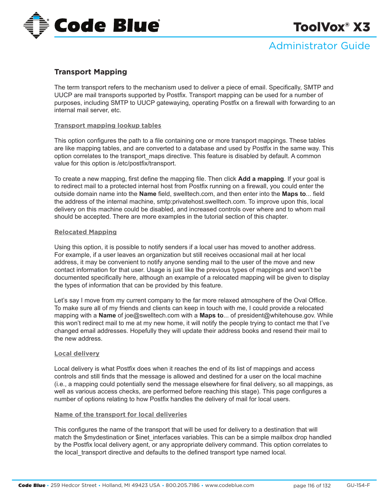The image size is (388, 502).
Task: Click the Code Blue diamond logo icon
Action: pos(36,25)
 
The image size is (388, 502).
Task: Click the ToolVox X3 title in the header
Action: pos(331,27)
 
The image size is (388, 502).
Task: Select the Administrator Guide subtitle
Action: pos(319,46)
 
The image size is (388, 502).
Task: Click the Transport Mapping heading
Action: pos(91,72)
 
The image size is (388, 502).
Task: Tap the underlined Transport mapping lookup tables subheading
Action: pos(108,126)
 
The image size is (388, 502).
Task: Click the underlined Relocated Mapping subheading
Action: pos(85,232)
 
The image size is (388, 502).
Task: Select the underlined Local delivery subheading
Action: pos(77,354)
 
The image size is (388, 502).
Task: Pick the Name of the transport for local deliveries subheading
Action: pos(121,415)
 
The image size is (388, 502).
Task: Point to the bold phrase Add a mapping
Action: pos(261,179)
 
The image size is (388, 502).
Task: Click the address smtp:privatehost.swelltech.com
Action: pos(201,202)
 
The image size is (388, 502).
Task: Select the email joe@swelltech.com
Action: pos(152,315)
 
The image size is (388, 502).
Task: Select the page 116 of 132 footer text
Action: pos(312,486)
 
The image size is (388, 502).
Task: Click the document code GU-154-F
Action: pos(358,485)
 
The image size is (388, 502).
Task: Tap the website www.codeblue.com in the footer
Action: pos(229,485)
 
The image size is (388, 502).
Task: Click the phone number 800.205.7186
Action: pos(183,485)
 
